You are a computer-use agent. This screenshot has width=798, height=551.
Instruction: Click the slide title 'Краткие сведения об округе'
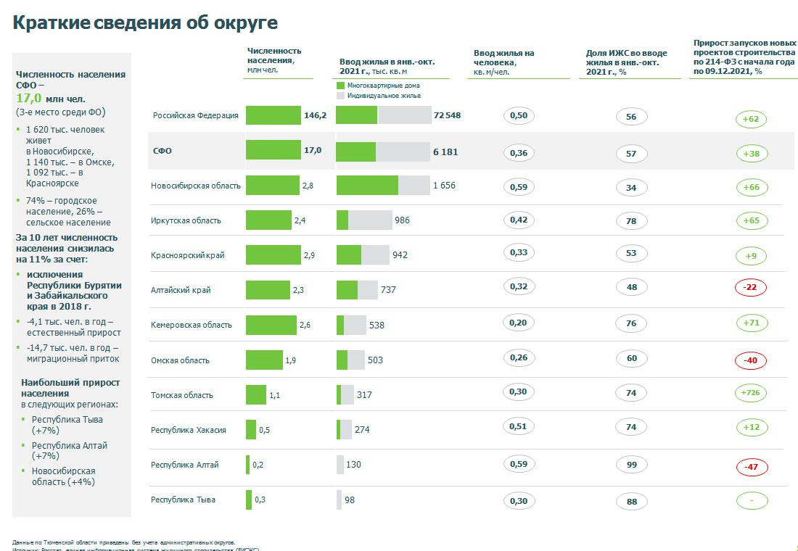(x=145, y=22)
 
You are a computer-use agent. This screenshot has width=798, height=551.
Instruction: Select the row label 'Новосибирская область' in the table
(x=196, y=186)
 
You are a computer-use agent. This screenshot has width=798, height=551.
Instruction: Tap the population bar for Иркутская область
(x=268, y=220)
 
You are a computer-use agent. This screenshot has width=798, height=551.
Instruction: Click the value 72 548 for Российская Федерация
(x=447, y=116)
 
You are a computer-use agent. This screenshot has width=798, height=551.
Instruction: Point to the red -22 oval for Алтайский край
(x=751, y=287)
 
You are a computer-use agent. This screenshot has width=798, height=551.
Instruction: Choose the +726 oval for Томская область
(x=751, y=392)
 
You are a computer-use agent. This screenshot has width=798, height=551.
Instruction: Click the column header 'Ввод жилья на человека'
(x=504, y=62)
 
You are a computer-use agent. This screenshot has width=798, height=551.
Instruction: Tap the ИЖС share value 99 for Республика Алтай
(x=631, y=465)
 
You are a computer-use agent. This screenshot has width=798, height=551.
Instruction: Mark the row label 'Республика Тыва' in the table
(x=183, y=500)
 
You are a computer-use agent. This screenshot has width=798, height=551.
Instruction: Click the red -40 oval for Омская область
(x=751, y=360)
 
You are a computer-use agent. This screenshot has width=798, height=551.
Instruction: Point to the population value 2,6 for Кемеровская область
(x=305, y=326)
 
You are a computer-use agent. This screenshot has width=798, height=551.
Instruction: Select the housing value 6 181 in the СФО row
(x=445, y=152)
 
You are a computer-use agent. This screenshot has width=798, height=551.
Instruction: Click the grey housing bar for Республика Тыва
(x=339, y=500)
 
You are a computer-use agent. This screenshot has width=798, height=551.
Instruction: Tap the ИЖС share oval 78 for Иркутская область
(x=631, y=220)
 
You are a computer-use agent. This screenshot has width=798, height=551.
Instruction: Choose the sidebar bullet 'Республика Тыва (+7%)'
(x=67, y=425)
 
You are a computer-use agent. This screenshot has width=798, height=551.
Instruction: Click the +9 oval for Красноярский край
(x=751, y=255)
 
